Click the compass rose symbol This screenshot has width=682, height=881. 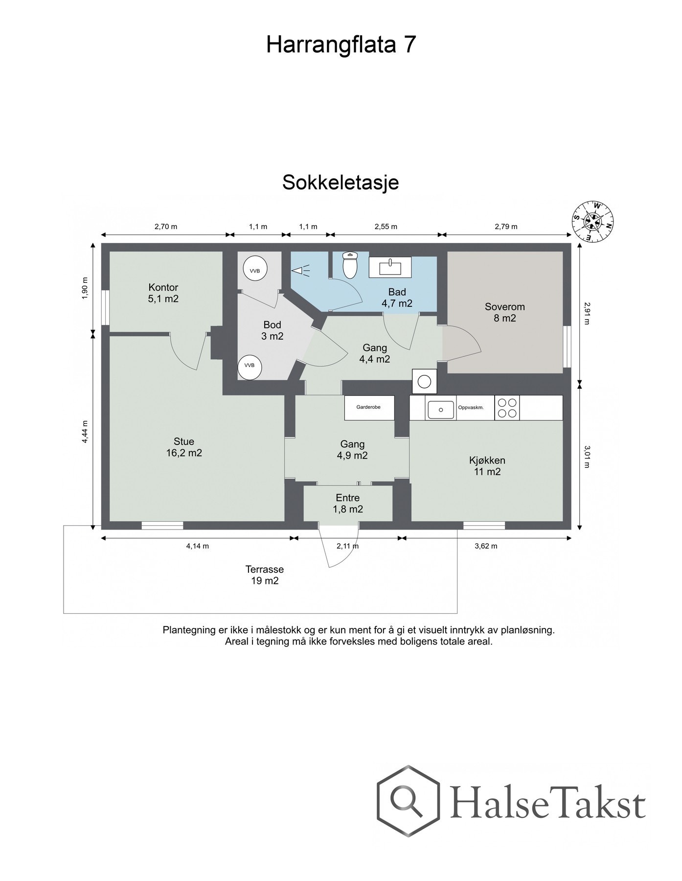click(593, 222)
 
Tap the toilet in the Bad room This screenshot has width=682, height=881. click(350, 265)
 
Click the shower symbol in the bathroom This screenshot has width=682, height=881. click(301, 270)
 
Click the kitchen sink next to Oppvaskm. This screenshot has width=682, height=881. click(441, 409)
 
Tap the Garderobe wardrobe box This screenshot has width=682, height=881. click(369, 407)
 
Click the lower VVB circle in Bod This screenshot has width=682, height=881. click(250, 366)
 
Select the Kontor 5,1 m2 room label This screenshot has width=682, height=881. click(163, 293)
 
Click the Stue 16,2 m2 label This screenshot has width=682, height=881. click(183, 447)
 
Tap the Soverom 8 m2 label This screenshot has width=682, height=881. click(504, 312)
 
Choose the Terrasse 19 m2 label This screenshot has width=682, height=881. click(264, 575)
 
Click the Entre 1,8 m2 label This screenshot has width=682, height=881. click(347, 503)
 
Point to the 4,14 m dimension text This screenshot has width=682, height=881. click(197, 546)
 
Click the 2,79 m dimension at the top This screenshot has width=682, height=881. click(506, 226)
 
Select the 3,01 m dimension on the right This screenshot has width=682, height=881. click(588, 456)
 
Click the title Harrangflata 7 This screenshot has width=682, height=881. click(341, 45)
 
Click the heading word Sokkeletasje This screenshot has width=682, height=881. click(341, 183)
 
